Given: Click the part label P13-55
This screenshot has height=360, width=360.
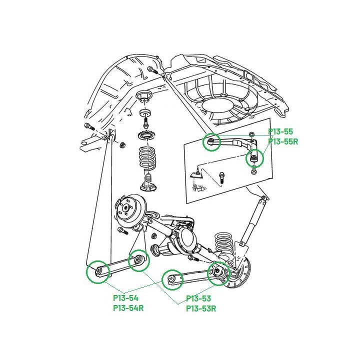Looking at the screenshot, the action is (280, 131).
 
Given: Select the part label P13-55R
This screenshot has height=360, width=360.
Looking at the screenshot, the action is (283, 141).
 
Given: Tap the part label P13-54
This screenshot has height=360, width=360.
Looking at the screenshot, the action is (126, 298).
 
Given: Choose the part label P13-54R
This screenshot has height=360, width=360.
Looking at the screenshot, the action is (128, 308).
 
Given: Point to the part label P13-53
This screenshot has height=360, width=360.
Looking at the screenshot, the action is (198, 298).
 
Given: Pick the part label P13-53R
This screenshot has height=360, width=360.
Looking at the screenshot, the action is (201, 308).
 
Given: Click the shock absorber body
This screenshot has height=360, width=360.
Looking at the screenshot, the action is (253, 221).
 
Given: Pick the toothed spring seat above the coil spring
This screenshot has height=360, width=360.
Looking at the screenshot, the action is (146, 135).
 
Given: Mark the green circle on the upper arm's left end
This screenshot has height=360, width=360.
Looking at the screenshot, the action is (211, 142).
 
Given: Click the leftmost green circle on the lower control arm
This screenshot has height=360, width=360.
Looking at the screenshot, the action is (97, 272).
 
